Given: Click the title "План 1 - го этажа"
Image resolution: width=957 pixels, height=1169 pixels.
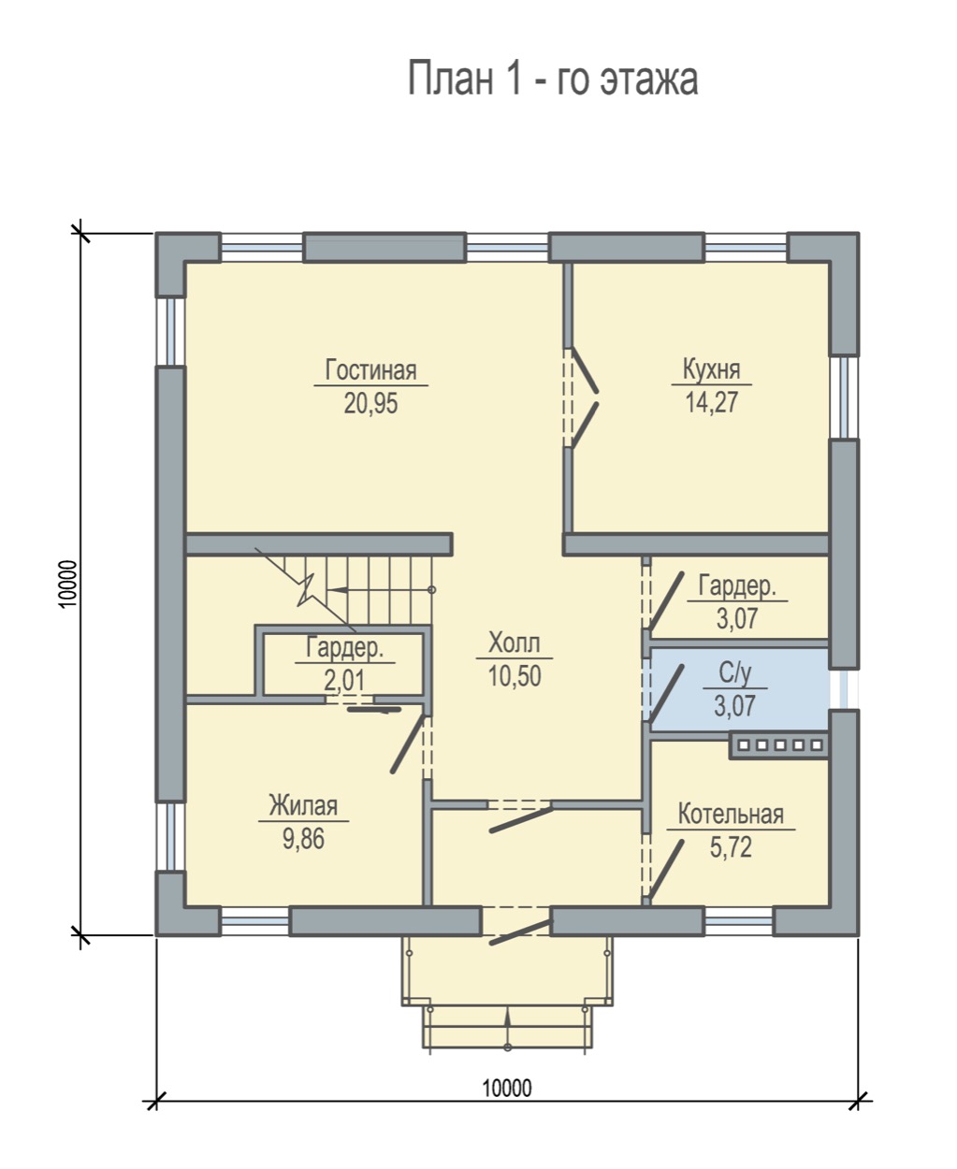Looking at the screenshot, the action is tap(553, 79).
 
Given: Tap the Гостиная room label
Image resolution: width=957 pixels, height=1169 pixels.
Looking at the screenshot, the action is tap(370, 369).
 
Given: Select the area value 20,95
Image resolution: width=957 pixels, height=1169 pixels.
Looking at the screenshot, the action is tap(370, 403).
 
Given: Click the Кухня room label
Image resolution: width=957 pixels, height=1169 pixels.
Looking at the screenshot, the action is tap(711, 369).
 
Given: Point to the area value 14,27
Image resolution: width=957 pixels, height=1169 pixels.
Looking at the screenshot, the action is tap(712, 402).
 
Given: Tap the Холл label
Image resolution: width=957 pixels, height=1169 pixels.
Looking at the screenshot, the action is tap(514, 643).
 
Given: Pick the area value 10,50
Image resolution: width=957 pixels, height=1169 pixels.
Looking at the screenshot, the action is tap(514, 675).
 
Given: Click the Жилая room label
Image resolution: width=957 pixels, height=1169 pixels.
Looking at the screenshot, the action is tap(303, 805).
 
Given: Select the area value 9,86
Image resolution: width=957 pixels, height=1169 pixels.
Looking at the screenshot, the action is tap(303, 839).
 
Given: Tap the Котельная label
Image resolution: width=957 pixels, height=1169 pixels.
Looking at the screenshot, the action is tap(731, 815).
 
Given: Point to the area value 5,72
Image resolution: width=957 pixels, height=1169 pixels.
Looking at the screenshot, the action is tap(731, 847).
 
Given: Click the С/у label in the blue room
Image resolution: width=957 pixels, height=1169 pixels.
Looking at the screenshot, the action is tap(735, 673).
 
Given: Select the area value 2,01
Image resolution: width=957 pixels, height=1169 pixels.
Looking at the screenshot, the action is tap(344, 680).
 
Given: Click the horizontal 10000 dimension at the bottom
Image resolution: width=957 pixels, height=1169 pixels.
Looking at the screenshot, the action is tap(507, 1088).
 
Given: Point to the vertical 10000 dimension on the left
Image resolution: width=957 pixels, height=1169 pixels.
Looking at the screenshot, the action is tap(67, 584).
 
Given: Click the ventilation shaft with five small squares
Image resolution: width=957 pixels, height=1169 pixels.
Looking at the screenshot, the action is tap(779, 745).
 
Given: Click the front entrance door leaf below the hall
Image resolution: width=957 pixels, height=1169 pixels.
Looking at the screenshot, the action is tap(521, 933).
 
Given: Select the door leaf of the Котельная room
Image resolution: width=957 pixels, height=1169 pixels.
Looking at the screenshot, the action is tap(665, 870).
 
